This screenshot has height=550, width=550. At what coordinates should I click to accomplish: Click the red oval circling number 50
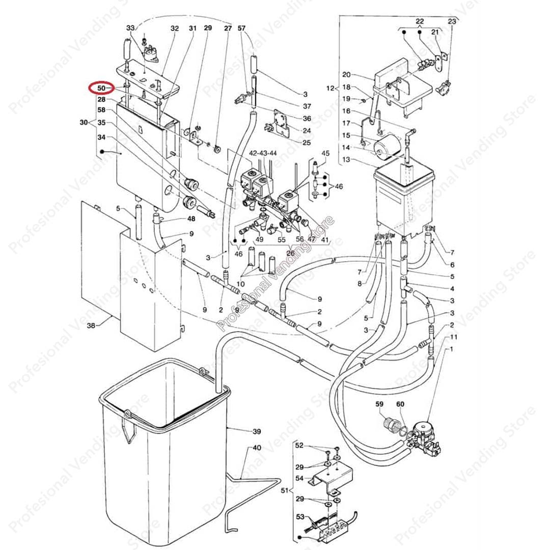(x=102, y=88)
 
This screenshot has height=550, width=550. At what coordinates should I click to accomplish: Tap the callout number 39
(x=256, y=431)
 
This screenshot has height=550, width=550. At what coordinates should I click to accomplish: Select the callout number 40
(x=257, y=448)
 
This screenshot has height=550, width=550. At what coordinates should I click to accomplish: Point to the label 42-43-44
(x=263, y=153)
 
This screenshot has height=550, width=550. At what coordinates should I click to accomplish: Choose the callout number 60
(x=400, y=404)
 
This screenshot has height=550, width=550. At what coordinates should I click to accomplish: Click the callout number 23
(x=452, y=21)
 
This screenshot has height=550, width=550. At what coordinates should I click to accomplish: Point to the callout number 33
(x=130, y=28)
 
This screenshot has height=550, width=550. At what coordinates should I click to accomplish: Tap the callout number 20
(x=346, y=74)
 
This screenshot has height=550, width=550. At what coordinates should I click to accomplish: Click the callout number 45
(x=325, y=153)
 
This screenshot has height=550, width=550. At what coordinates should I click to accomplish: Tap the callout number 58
(x=101, y=110)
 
